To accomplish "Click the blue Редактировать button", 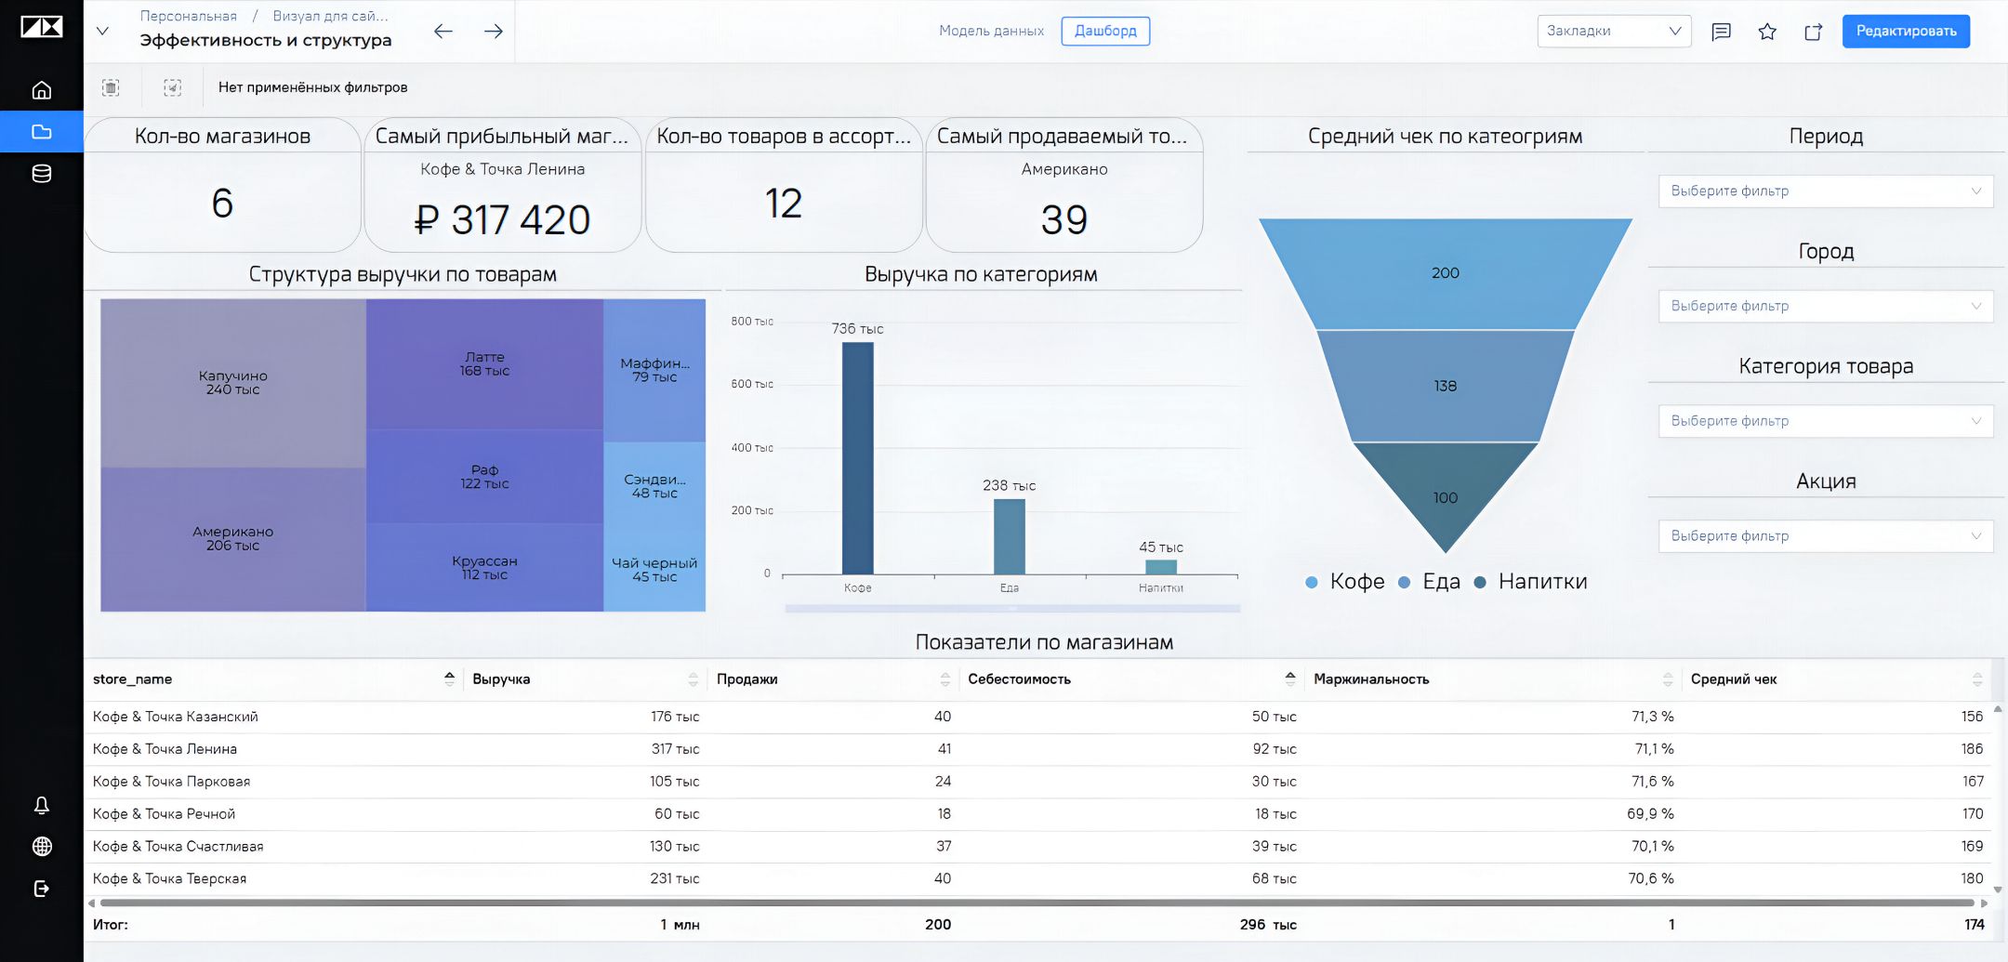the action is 1906,31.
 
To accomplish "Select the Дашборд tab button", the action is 1105,31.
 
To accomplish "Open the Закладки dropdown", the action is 1614,31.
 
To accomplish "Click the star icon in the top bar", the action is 1767,32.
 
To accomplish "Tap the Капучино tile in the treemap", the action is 233,383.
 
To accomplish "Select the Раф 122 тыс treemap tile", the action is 484,476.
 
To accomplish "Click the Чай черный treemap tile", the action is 654,570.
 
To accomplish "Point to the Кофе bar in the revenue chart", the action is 857,458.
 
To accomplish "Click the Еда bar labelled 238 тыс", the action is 1009,536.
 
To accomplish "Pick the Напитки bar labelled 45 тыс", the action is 1161,567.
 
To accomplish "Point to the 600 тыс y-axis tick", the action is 752,384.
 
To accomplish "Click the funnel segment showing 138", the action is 1445,386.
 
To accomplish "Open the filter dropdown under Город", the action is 1825,306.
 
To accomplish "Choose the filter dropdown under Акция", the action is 1825,536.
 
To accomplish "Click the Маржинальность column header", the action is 1371,679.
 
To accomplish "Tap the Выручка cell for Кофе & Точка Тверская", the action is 674,878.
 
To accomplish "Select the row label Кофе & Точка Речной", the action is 164,814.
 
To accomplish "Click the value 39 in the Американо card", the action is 1064,220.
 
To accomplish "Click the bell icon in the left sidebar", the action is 42,805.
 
